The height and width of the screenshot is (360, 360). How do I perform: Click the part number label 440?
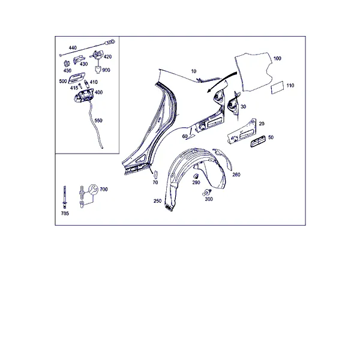[x=73, y=48]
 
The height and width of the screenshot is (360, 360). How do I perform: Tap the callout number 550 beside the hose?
[x=98, y=121]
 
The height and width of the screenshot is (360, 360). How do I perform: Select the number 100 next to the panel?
[x=277, y=58]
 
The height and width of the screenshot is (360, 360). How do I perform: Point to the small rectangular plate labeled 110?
[x=277, y=88]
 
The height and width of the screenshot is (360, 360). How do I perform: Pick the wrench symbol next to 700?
[x=93, y=189]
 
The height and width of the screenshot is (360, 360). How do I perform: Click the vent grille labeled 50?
[x=258, y=140]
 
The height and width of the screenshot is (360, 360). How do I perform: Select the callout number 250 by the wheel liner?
[x=157, y=201]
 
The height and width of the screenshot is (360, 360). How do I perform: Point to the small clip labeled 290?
[x=196, y=176]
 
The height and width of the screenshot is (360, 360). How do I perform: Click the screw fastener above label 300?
[x=207, y=193]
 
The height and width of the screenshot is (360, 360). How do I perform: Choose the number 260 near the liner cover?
[x=236, y=175]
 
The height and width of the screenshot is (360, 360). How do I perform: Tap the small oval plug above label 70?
[x=155, y=174]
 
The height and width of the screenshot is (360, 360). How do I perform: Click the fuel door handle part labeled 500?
[x=76, y=77]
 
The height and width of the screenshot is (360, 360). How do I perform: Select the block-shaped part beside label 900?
[x=98, y=69]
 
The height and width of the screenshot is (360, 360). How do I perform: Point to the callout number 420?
[x=107, y=57]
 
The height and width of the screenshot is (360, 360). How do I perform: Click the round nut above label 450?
[x=67, y=64]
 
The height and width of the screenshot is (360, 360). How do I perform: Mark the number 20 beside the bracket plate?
[x=262, y=124]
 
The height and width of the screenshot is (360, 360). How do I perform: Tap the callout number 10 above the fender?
[x=194, y=71]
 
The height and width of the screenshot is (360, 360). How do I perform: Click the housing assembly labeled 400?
[x=83, y=95]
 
